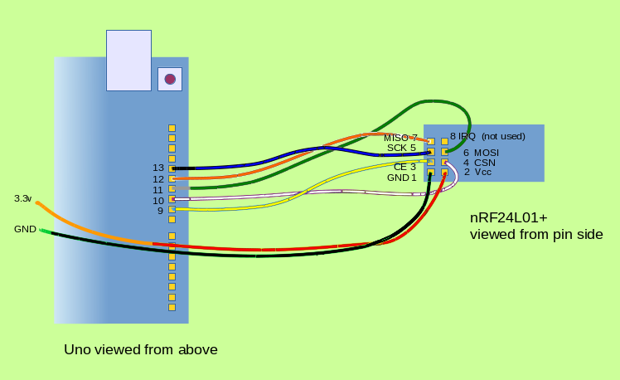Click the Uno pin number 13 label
point(157,168)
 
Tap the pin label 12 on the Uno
point(157,179)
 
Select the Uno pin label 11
point(157,190)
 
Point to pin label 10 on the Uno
point(157,201)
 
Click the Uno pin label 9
point(160,212)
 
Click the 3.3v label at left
point(22,199)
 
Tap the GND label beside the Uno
point(25,229)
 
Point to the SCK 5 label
point(401,148)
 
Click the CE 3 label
point(404,167)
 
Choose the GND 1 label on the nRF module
point(402,178)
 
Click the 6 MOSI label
point(481,153)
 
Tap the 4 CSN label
point(479,163)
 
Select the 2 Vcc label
point(477,173)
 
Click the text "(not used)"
point(503,136)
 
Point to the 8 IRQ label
point(463,136)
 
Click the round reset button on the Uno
point(170,79)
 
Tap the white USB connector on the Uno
point(128,60)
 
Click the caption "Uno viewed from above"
point(141,350)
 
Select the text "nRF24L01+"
point(509,218)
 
